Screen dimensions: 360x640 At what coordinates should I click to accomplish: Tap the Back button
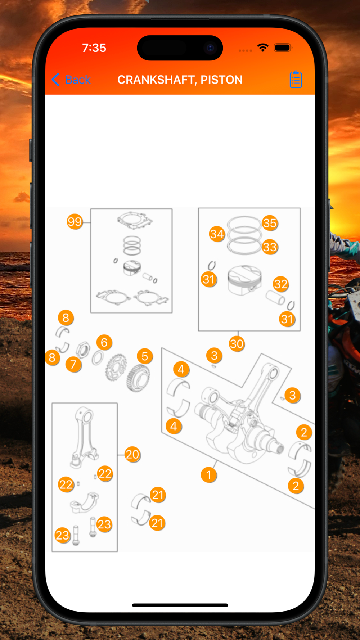71,80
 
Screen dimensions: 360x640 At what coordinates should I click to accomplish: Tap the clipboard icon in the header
296,79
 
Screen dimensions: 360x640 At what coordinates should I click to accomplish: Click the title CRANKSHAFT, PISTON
180,80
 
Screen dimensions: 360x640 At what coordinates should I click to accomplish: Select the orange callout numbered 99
75,222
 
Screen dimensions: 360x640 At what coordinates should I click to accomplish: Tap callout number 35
270,223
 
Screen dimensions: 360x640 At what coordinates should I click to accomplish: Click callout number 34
217,234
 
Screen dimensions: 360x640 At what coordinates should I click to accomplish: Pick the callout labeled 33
270,247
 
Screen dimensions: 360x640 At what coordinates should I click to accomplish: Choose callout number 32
281,284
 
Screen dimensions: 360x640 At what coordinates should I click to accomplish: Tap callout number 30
237,344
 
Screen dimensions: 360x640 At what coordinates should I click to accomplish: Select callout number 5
145,356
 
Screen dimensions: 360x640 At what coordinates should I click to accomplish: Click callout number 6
104,342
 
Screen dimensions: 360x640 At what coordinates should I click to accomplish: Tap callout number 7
73,364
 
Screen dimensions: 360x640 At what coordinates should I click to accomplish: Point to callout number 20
132,454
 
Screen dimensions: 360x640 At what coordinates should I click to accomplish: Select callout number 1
209,475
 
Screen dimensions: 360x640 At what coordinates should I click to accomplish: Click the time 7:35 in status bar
94,48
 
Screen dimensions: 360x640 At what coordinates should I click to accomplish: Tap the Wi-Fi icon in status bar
263,48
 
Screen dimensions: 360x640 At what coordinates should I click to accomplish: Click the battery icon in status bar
283,48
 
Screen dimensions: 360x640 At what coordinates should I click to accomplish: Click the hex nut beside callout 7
83,350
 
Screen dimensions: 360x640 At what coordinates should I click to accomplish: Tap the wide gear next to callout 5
138,378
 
